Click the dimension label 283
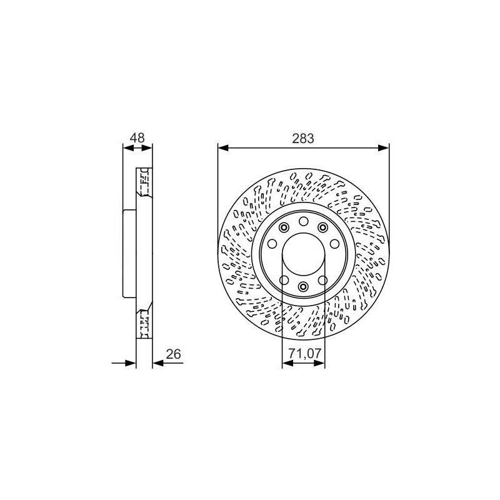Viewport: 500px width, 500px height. point(303,138)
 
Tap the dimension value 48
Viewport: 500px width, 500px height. point(137,137)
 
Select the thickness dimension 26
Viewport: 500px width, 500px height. point(174,354)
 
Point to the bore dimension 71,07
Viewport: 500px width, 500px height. point(305,353)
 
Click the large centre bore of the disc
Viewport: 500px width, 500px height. point(304,254)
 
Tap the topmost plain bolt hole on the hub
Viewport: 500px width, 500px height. point(304,221)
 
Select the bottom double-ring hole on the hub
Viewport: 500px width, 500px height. point(304,286)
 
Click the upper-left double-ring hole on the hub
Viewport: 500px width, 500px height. point(284,227)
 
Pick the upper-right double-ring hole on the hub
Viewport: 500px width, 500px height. point(323,227)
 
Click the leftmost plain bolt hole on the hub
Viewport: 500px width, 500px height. point(272,244)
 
